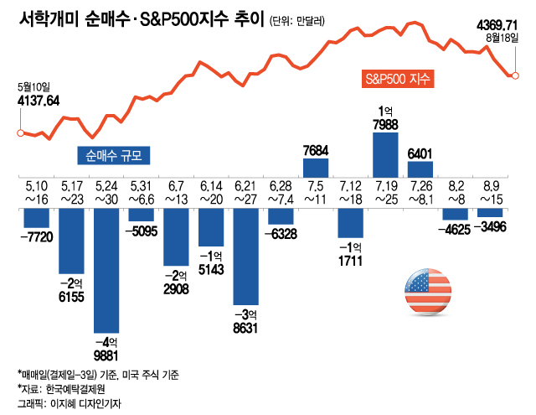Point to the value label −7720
click(36, 238)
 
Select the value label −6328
click(281, 232)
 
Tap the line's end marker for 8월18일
click(514, 76)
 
